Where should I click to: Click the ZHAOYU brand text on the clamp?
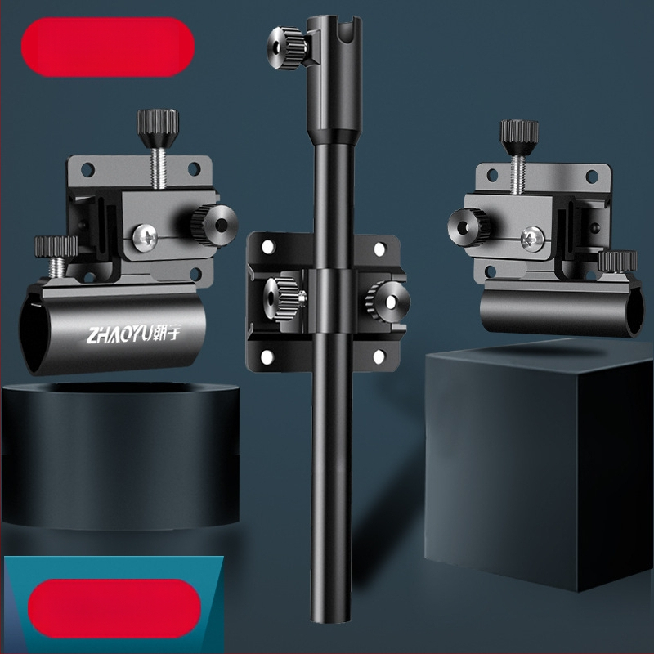[x=133, y=334]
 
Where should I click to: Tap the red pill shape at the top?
[x=108, y=47]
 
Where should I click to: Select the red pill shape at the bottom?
[x=114, y=608]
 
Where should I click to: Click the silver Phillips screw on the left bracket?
[x=145, y=238]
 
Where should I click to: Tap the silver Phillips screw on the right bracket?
[x=533, y=239]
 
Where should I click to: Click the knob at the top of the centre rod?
[x=286, y=48]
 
